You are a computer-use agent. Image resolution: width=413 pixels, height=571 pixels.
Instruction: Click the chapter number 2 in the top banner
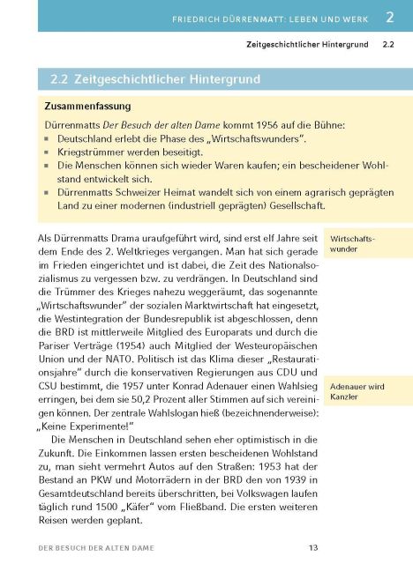point(389,16)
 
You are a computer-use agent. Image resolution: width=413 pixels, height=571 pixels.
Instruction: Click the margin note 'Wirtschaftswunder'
point(350,244)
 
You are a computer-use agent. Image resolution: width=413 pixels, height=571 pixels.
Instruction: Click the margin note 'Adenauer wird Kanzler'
point(356,392)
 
